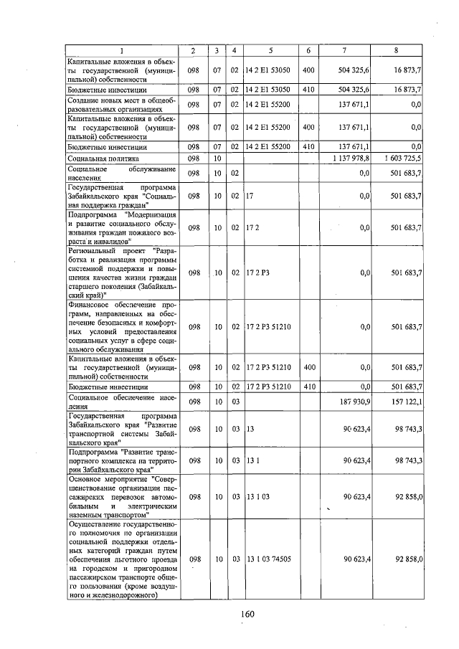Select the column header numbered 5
270,50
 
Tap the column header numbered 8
396,50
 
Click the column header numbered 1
121,50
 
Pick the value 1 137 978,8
349,157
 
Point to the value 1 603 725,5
398,157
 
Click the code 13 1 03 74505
268,558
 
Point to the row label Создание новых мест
120,104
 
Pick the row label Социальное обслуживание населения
120,173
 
